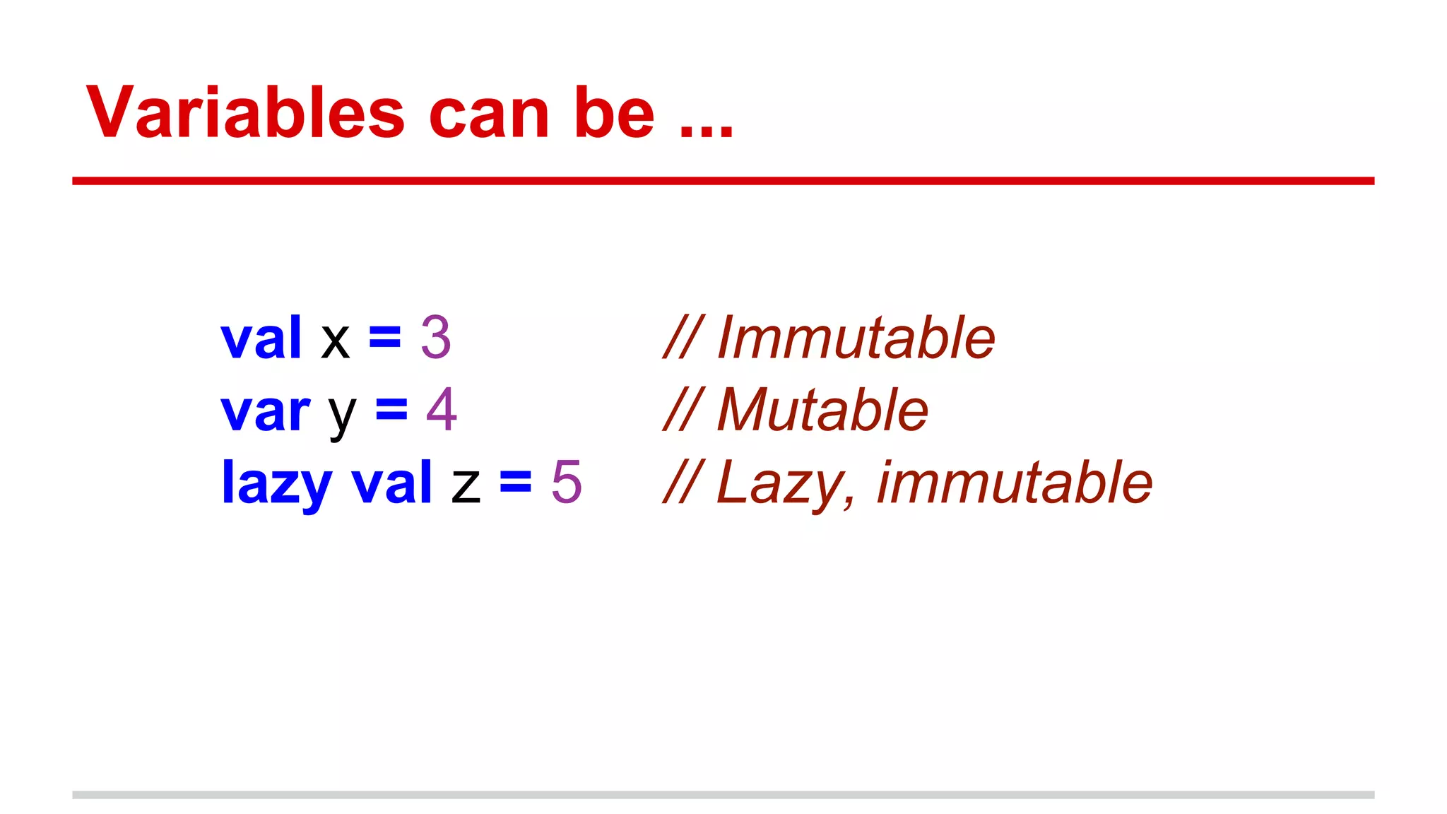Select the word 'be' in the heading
614,113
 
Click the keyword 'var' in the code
265,411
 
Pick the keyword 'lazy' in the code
276,484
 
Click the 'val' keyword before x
261,338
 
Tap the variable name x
335,341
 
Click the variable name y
342,415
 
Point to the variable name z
466,486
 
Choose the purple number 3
435,338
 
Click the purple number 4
442,410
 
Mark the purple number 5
567,482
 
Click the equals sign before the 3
385,338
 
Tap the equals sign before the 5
516,483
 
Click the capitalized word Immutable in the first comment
856,338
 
